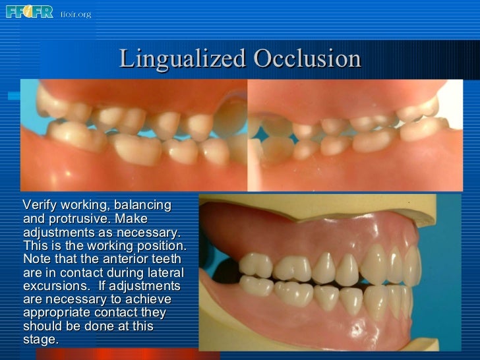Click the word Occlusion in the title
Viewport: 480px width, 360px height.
coord(307,59)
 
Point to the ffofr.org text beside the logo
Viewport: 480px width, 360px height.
coord(75,14)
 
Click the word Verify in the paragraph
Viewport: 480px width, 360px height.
coord(41,206)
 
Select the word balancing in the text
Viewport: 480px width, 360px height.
coord(141,206)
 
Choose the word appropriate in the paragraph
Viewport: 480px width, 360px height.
coord(56,313)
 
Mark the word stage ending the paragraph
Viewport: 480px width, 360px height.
coord(39,340)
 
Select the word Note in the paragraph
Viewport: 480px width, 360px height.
coord(36,259)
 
